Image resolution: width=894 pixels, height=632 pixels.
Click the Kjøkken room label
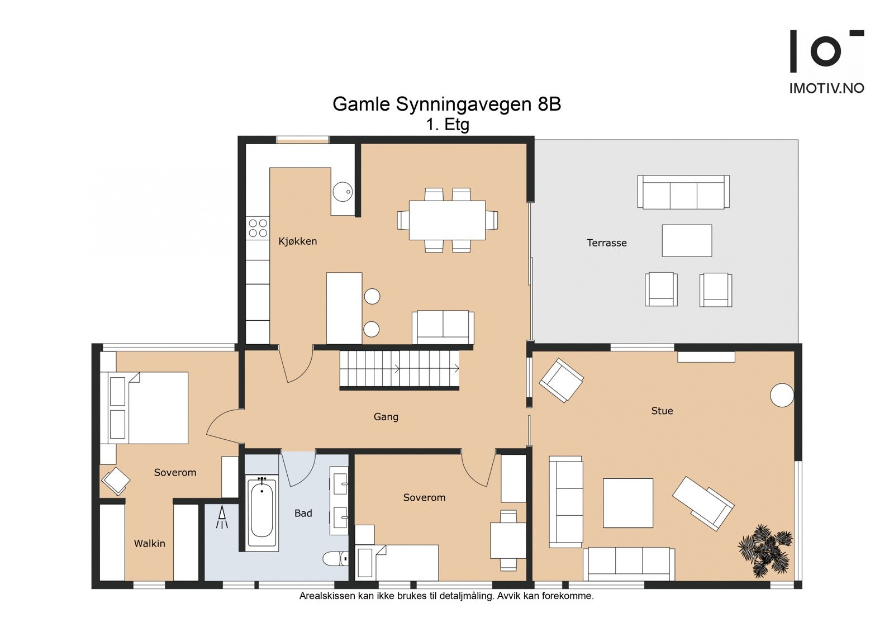[x=297, y=241]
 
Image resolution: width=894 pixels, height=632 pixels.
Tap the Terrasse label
[x=606, y=243]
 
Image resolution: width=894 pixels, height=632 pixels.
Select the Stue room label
[x=662, y=411]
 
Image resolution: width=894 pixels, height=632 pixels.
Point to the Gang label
[x=386, y=417]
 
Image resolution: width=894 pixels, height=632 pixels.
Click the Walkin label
[x=149, y=543]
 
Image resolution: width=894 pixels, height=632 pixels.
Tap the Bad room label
[x=303, y=513]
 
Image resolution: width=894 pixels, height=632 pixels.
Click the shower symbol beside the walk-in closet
[x=222, y=517]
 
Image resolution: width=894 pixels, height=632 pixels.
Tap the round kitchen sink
[x=343, y=192]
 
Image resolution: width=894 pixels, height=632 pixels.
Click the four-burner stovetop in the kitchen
[x=258, y=228]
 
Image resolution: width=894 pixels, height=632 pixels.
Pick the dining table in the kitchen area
[x=447, y=220]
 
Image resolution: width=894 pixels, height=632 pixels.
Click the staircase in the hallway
[x=399, y=369]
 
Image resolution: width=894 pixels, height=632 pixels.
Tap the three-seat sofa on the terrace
[x=683, y=192]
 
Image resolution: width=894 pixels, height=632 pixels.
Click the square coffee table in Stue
[x=628, y=503]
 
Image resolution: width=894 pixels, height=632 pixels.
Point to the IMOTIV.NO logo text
[x=826, y=88]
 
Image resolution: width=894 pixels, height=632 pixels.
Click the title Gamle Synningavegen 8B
[x=446, y=104]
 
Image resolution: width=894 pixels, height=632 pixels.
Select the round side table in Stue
[x=782, y=395]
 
